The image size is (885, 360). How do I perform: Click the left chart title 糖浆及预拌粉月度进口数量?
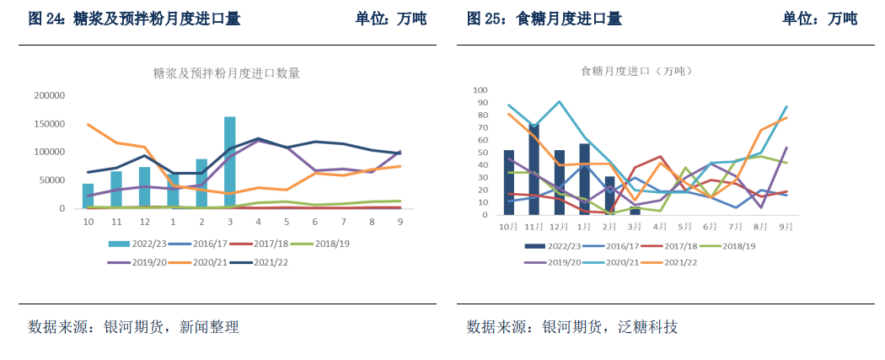click(226, 73)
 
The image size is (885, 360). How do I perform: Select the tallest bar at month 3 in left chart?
click(230, 162)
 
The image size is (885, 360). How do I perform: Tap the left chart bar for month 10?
click(88, 196)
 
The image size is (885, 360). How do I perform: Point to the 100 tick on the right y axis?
click(480, 90)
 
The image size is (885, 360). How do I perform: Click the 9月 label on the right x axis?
click(786, 227)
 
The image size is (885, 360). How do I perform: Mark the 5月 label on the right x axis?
click(685, 227)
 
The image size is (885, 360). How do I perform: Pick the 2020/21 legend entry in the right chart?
click(606, 262)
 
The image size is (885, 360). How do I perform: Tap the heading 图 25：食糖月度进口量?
click(544, 19)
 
